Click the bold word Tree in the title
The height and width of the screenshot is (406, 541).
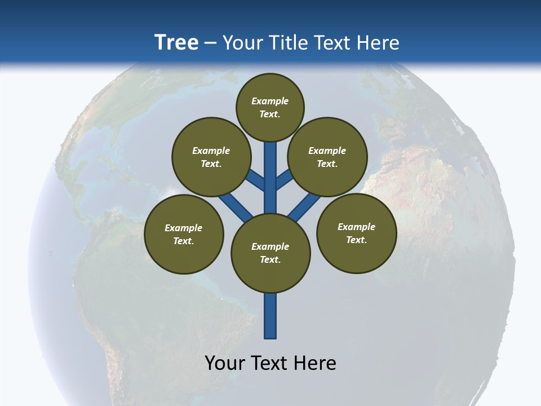(176, 42)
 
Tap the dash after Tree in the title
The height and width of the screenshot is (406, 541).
(210, 43)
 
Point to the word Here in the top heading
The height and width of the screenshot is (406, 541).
(380, 42)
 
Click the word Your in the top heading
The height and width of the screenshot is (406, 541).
(242, 42)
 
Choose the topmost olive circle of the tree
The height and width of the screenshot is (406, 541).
(270, 107)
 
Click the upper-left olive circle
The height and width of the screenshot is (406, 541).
(211, 157)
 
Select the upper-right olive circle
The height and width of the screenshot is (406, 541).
(327, 157)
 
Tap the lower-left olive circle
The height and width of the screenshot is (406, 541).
(184, 234)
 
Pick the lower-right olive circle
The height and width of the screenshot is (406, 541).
(356, 233)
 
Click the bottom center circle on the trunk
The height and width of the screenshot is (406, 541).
(270, 253)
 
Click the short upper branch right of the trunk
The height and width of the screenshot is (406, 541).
(283, 179)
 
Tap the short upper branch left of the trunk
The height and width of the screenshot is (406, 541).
(257, 179)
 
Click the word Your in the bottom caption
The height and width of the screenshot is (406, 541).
(224, 363)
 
